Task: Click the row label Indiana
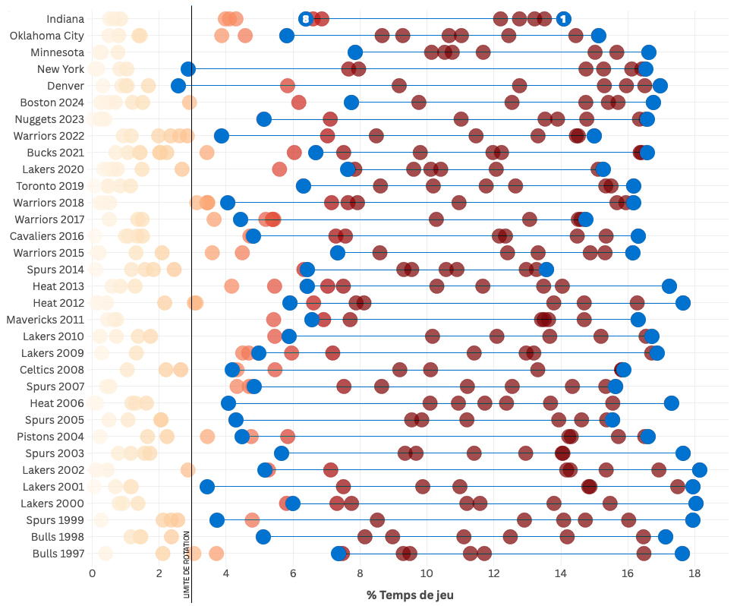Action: [x=65, y=19]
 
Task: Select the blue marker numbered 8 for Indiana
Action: [x=305, y=19]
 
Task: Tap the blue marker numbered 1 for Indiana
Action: [x=563, y=19]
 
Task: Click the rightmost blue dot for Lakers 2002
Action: [x=700, y=470]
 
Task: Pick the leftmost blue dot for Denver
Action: [x=178, y=86]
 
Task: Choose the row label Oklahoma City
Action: [x=47, y=36]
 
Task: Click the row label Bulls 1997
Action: [x=58, y=554]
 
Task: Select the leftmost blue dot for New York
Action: [x=188, y=69]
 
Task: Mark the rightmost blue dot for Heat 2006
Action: [x=671, y=403]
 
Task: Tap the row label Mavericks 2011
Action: [x=45, y=320]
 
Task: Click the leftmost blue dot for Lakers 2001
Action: [x=206, y=487]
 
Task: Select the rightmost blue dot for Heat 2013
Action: [x=669, y=286]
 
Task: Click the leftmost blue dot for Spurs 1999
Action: [x=217, y=520]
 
